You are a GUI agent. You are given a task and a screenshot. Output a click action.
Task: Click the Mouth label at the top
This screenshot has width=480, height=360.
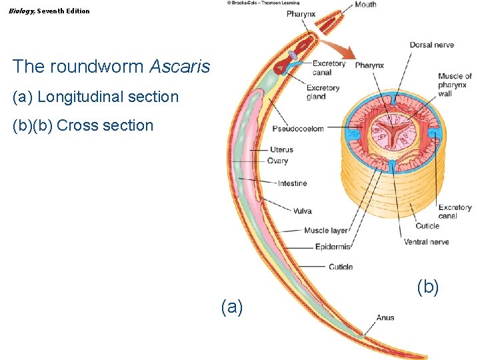[365, 5]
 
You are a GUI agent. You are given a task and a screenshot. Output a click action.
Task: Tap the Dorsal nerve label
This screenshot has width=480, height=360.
[431, 45]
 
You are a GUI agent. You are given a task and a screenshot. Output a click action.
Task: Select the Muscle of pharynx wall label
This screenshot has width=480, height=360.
[454, 85]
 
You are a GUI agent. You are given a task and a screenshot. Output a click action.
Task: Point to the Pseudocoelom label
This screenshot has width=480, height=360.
[297, 129]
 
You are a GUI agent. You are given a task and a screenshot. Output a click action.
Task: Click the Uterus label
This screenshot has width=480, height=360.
[281, 150]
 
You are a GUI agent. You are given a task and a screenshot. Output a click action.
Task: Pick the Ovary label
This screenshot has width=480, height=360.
[277, 161]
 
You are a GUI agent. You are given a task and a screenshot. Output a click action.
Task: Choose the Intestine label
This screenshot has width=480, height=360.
[292, 183]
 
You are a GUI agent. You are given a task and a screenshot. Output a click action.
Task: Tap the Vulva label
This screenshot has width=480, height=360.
[302, 211]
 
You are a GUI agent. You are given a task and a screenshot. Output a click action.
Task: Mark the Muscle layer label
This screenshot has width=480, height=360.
[326, 231]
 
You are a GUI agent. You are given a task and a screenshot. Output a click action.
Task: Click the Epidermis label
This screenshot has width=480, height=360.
[333, 247]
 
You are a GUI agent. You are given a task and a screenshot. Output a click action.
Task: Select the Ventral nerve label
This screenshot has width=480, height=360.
[426, 242]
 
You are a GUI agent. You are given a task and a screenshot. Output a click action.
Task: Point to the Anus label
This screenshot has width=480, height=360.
[385, 318]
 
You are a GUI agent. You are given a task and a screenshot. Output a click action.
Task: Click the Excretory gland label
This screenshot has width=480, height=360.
[323, 92]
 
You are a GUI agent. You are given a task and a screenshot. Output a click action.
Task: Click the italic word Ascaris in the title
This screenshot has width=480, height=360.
[180, 67]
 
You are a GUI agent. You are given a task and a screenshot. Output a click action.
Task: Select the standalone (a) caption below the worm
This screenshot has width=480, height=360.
[232, 307]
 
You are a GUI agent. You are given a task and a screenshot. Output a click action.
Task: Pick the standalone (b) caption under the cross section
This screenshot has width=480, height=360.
[427, 287]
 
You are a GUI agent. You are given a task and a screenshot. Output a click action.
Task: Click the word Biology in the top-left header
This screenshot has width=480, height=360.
[21, 11]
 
